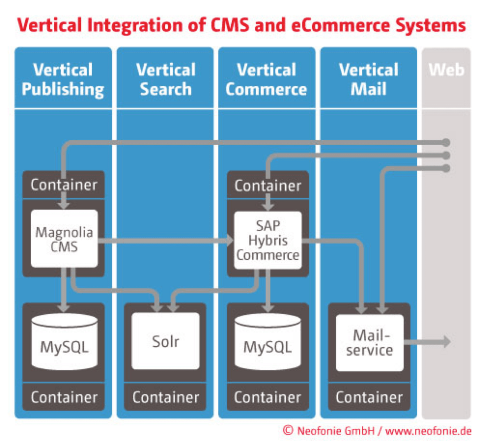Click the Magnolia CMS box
click(64, 239)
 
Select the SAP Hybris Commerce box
click(268, 240)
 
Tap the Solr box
click(165, 341)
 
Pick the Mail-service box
click(369, 343)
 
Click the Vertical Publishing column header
click(63, 79)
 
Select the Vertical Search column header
click(165, 79)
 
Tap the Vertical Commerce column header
click(266, 79)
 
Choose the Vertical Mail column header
click(369, 79)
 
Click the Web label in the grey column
click(446, 70)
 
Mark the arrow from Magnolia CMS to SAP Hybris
click(166, 240)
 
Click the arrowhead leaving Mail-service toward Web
click(447, 342)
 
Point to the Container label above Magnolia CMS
click(64, 185)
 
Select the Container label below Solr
click(165, 397)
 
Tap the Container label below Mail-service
click(369, 397)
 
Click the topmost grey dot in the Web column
click(446, 143)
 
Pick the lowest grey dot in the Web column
click(446, 168)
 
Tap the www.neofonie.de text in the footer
click(428, 431)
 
